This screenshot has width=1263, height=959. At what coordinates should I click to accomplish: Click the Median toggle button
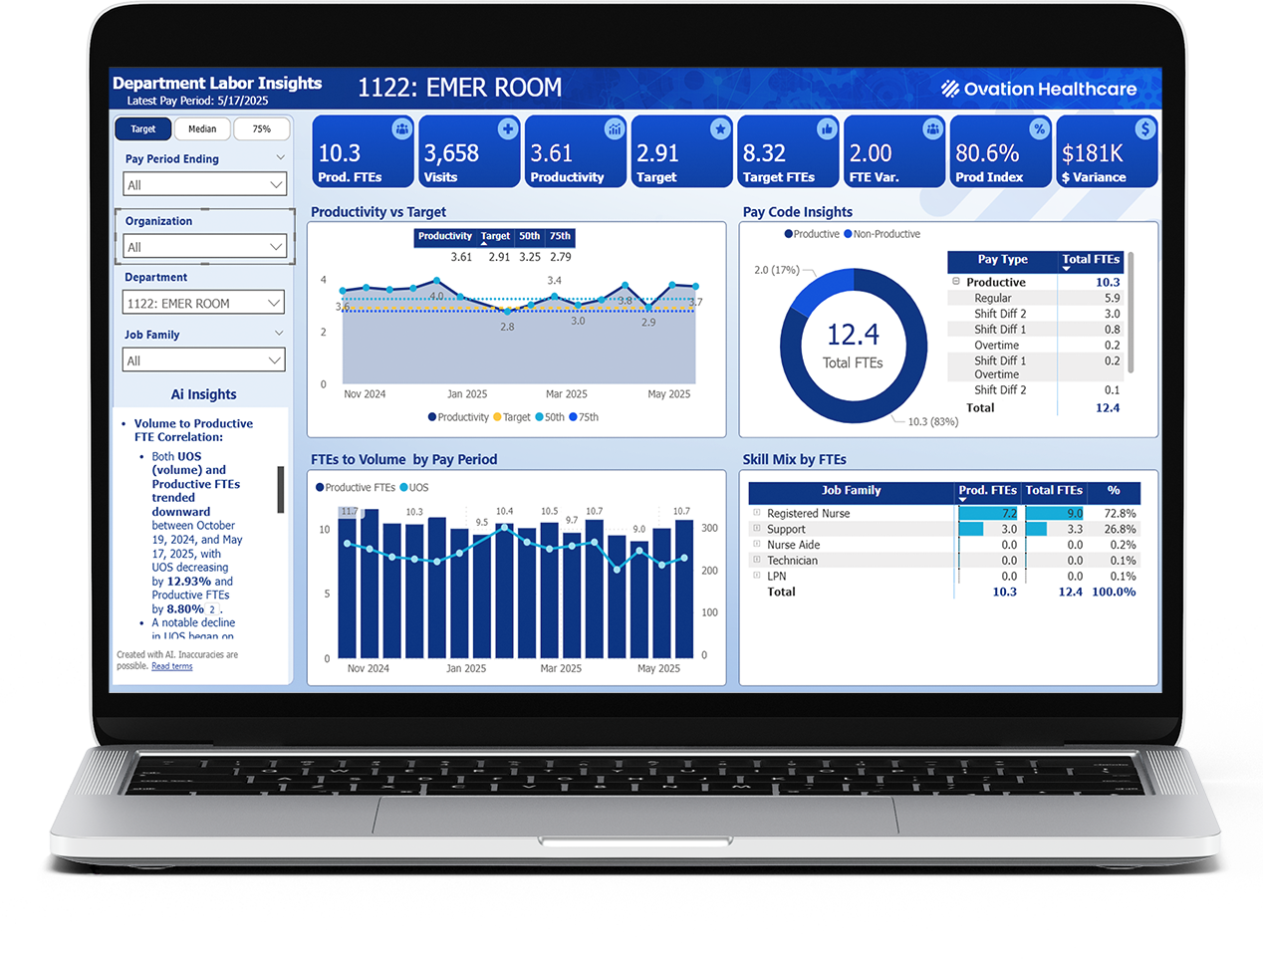point(202,128)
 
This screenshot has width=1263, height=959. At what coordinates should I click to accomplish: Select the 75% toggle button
point(261,128)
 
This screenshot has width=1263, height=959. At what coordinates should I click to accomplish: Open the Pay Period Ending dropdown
point(204,184)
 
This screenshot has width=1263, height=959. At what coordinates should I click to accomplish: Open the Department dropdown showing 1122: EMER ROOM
point(204,303)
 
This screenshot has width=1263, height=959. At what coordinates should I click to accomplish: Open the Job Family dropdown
point(204,360)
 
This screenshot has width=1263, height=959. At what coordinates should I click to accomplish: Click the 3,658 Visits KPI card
point(469,151)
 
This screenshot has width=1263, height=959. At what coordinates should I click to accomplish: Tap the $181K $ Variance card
point(1107,151)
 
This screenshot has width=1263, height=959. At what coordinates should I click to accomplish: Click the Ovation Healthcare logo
point(1039,89)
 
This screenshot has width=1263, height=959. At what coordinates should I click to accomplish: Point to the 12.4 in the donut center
point(853,335)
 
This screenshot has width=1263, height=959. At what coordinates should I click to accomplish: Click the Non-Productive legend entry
point(885,234)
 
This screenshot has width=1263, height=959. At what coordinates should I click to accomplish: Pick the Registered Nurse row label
point(808,514)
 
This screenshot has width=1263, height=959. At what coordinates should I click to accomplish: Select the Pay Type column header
point(1002,260)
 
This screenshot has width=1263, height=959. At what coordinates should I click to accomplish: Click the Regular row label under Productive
point(992,298)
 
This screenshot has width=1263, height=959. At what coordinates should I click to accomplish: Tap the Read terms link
point(171,666)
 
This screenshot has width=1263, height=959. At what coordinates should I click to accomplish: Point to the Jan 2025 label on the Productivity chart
point(467,394)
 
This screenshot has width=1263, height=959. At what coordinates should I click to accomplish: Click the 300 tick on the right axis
point(709,528)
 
